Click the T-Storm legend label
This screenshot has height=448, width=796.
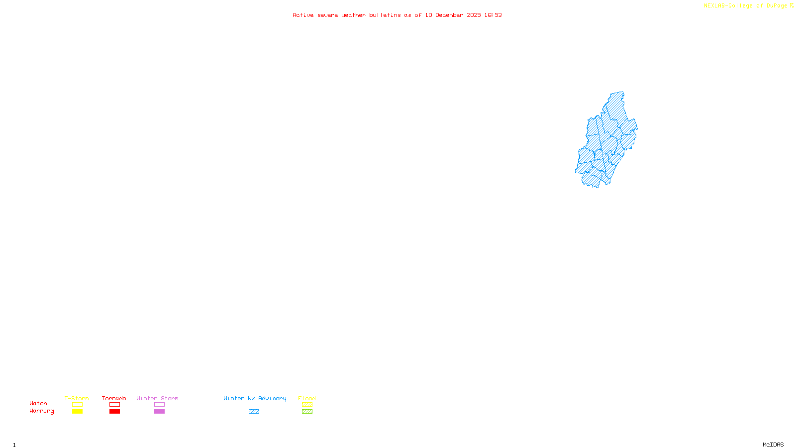pyautogui.click(x=77, y=398)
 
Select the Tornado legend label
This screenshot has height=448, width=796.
pyautogui.click(x=114, y=398)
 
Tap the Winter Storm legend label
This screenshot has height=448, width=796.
pyautogui.click(x=157, y=398)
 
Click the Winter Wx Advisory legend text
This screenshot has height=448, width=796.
pyautogui.click(x=255, y=398)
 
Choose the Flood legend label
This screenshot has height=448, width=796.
pyautogui.click(x=307, y=398)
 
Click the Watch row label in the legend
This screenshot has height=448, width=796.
pyautogui.click(x=38, y=403)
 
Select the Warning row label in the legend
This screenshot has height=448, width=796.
pyautogui.click(x=42, y=411)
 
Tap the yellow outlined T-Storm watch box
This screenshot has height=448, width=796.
pyautogui.click(x=77, y=405)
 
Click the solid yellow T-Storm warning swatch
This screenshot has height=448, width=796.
pyautogui.click(x=77, y=412)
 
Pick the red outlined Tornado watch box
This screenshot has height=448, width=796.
pyautogui.click(x=114, y=405)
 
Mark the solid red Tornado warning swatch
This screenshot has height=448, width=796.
pyautogui.click(x=114, y=412)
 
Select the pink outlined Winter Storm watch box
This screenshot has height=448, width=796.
pyautogui.click(x=159, y=405)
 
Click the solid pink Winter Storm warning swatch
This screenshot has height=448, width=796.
pyautogui.click(x=159, y=412)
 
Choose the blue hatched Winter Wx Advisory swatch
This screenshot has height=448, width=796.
pyautogui.click(x=254, y=412)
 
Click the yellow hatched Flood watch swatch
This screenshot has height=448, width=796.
pyautogui.click(x=307, y=405)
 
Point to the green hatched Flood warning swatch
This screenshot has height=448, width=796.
pyautogui.click(x=307, y=412)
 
